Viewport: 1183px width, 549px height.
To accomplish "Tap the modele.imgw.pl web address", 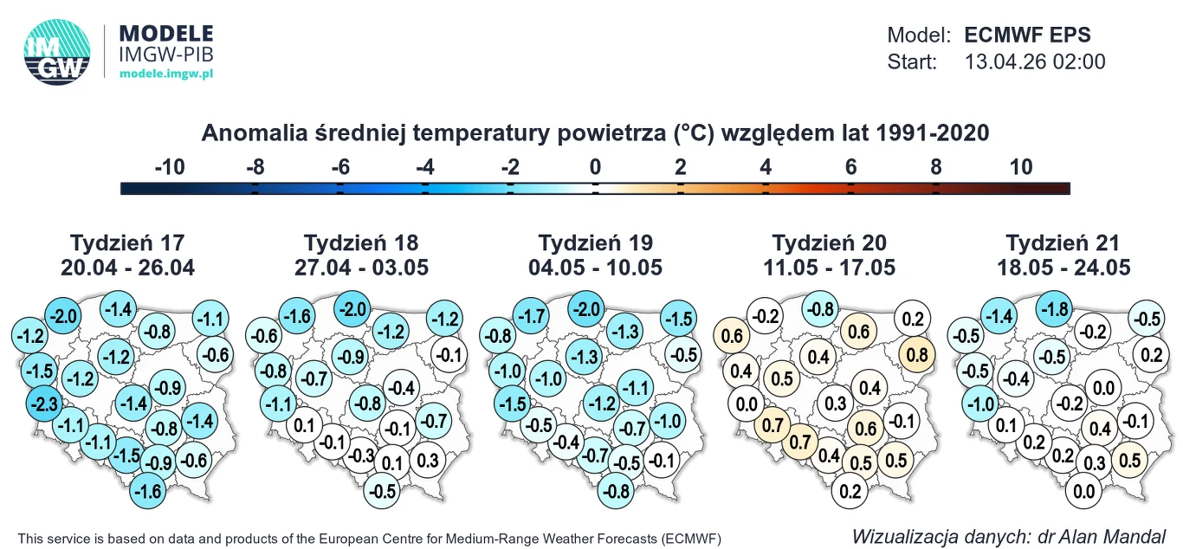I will [x=165, y=75].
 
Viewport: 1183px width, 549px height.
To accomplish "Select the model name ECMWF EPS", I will [x=1027, y=36].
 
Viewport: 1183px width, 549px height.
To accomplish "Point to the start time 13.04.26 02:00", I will [x=1035, y=61].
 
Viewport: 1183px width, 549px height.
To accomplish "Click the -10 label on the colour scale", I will [x=169, y=167].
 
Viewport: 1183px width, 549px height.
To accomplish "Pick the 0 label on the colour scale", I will [x=595, y=167].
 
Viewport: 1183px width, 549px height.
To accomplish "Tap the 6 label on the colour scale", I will [x=850, y=167].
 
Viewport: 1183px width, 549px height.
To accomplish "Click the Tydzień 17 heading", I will [x=127, y=242].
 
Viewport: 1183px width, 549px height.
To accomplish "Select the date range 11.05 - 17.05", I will [x=830, y=268].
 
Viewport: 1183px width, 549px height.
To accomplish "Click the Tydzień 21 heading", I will [x=1063, y=242].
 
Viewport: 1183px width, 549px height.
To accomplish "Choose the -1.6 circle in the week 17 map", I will [x=149, y=492].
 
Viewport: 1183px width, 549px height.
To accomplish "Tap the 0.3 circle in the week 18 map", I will [x=427, y=461].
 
